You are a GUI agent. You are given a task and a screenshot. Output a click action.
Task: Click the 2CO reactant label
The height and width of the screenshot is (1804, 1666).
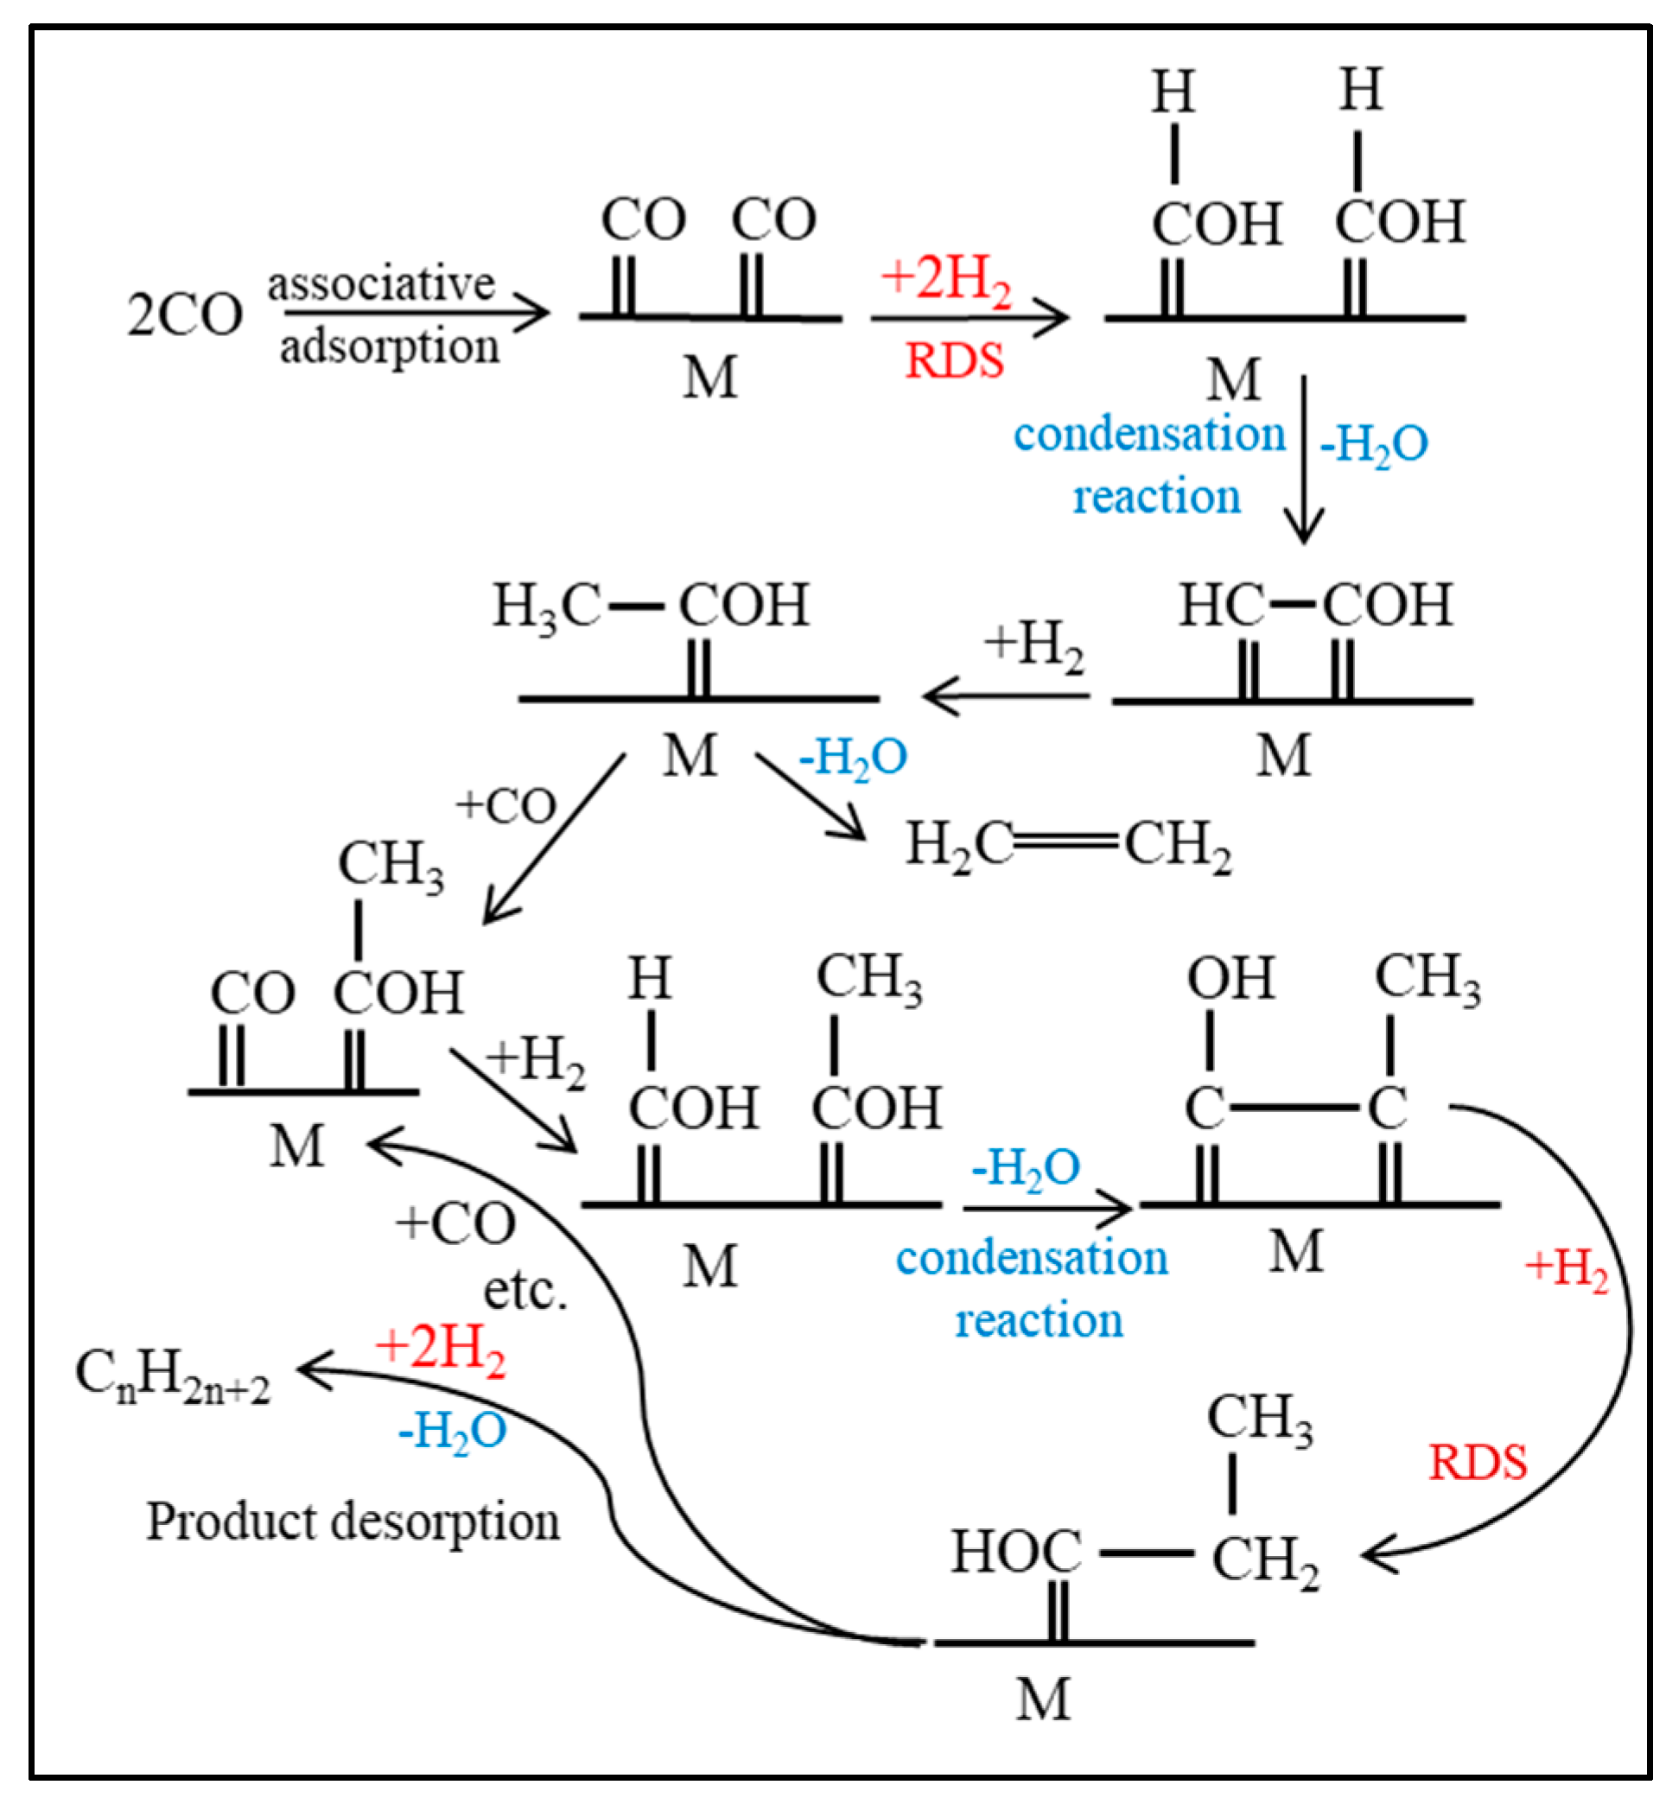185,315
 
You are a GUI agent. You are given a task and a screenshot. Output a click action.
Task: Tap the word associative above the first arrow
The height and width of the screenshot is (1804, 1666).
380,284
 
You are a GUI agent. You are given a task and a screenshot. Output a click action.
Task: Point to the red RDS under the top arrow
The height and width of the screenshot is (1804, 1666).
954,361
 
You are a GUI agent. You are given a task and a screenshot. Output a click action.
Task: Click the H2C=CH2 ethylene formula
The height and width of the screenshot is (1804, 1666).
1068,846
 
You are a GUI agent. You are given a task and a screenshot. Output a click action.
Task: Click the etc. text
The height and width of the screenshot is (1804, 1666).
525,1291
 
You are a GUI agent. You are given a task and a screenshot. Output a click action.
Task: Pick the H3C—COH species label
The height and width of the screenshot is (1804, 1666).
650,605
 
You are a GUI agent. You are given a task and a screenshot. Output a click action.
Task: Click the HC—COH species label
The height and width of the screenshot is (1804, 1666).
1315,605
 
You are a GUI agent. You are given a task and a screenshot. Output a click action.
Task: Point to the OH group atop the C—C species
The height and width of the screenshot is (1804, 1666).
1230,977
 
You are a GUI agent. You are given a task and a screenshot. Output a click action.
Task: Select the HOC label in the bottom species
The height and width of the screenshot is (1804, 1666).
1016,1552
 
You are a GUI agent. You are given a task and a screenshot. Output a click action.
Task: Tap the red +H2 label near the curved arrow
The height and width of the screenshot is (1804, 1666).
1566,1267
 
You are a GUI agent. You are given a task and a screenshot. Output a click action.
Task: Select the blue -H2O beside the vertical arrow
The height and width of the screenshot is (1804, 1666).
1373,444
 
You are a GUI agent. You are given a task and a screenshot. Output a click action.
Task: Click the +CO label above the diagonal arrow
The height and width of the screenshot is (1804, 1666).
506,806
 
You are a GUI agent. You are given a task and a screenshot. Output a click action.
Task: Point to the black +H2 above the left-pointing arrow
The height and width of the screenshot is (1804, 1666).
1033,645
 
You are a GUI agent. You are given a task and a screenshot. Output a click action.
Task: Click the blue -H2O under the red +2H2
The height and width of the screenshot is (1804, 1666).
453,1431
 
